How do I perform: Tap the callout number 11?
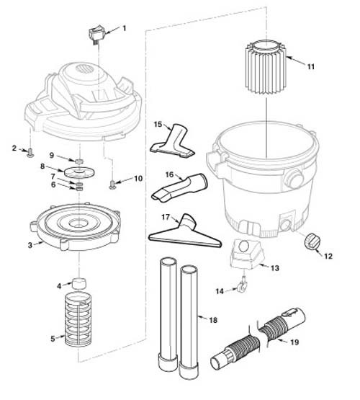311,67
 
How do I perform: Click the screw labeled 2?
30,153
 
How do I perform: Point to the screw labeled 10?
114,185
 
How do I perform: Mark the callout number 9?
51,155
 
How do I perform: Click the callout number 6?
51,185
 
